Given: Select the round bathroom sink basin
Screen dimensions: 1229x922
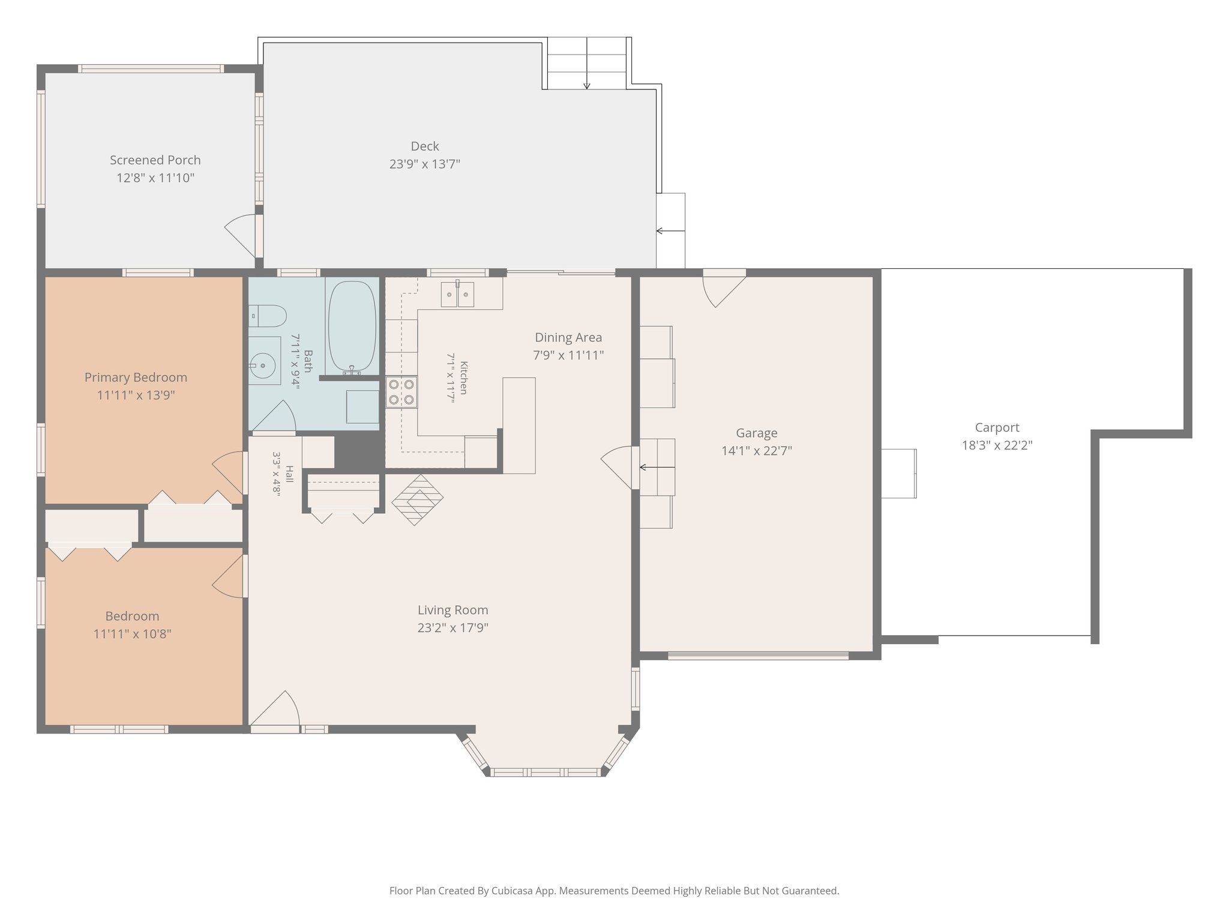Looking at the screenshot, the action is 263,365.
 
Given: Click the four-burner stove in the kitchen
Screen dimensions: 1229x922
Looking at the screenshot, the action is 401,392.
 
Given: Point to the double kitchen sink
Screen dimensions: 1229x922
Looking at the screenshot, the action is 457,294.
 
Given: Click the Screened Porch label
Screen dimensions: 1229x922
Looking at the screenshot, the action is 155,160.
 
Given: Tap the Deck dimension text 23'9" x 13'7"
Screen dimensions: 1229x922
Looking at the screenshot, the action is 425,164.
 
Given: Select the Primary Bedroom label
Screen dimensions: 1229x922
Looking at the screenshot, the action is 136,378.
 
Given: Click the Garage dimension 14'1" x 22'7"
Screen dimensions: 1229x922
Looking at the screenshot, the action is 757,451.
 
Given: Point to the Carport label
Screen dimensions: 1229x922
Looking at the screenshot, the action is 997,428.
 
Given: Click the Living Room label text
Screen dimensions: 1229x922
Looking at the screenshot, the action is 453,610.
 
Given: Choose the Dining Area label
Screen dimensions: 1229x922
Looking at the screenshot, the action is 568,337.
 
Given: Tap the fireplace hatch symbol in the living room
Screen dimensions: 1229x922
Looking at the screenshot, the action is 418,500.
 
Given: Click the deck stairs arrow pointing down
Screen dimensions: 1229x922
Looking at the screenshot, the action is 587,63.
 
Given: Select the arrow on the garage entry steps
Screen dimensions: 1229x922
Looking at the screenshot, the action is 657,467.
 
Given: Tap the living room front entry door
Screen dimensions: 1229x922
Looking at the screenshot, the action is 274,712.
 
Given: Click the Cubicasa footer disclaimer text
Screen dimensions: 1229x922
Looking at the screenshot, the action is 614,891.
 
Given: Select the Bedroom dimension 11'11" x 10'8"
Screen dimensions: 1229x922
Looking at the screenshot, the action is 133,634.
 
